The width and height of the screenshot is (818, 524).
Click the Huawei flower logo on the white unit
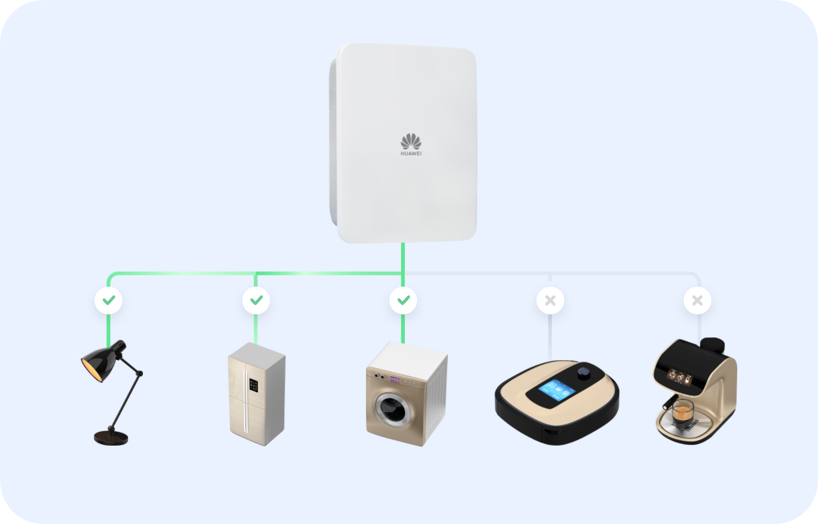point(411,142)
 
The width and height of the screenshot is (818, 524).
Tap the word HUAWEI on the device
point(411,154)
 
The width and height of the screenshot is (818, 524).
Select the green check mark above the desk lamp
point(109,300)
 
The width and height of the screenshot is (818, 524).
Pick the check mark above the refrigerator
point(256,300)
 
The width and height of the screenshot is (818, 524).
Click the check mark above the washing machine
point(404,300)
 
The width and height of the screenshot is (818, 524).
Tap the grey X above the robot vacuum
point(550,300)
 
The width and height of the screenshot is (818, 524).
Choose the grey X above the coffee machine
point(697,300)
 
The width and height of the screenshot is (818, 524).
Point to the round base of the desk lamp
point(111,437)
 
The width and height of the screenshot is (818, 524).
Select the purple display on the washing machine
point(395,379)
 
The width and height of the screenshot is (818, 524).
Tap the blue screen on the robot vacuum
point(556,391)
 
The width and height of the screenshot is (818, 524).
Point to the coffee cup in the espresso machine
point(682,411)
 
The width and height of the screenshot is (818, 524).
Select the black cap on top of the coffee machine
point(713,345)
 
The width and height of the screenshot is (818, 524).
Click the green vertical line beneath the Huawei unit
point(404,257)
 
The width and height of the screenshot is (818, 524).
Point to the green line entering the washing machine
point(404,329)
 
